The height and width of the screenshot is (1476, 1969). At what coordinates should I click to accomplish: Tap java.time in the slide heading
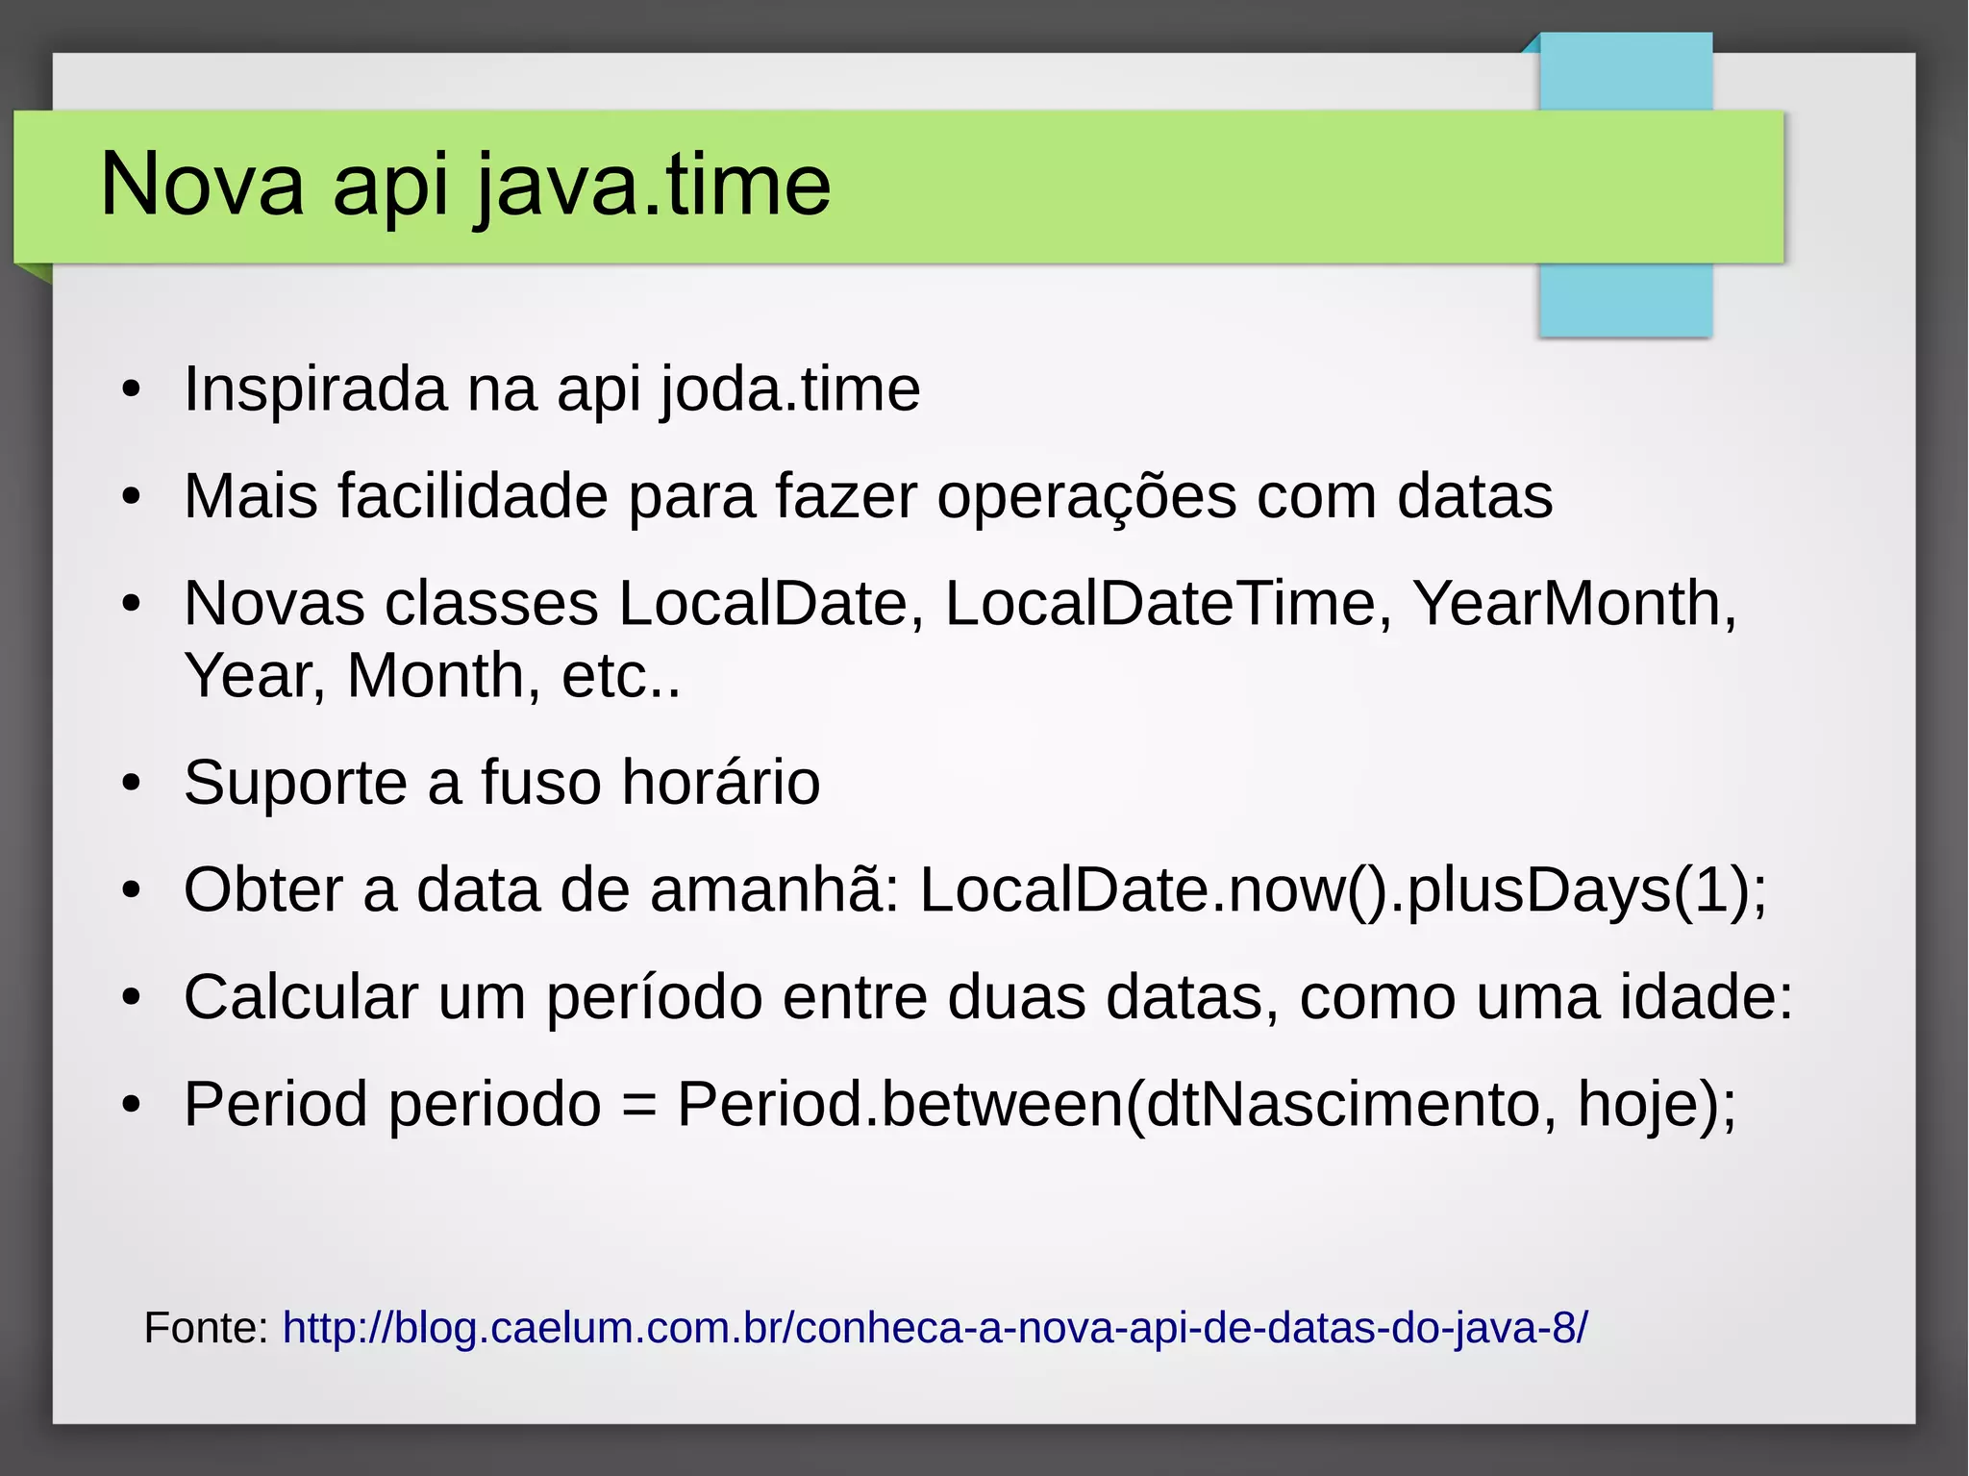pos(653,186)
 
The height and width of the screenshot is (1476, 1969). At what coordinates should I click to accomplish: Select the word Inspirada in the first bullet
pos(315,389)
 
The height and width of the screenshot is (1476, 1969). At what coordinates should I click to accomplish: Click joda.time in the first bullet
pos(790,389)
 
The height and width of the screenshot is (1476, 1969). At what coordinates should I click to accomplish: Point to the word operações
pos(1086,498)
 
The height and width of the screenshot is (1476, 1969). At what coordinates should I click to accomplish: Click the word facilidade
pos(472,496)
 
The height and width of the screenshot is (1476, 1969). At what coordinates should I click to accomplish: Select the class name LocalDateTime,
pos(1168,604)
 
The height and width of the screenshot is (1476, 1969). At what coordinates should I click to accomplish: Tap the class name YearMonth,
pos(1574,604)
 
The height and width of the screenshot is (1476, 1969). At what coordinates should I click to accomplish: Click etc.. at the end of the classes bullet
pos(621,676)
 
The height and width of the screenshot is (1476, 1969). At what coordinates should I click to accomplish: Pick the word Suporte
pos(295,782)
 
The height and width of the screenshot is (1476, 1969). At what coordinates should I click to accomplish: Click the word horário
pos(720,782)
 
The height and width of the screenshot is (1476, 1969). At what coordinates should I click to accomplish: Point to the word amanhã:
pos(775,889)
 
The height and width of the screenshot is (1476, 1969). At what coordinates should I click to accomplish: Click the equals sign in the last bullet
pos(639,1105)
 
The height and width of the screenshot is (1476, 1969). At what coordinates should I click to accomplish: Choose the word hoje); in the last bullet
pos(1657,1105)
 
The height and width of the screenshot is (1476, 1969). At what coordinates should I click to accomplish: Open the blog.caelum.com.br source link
pos(935,1328)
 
